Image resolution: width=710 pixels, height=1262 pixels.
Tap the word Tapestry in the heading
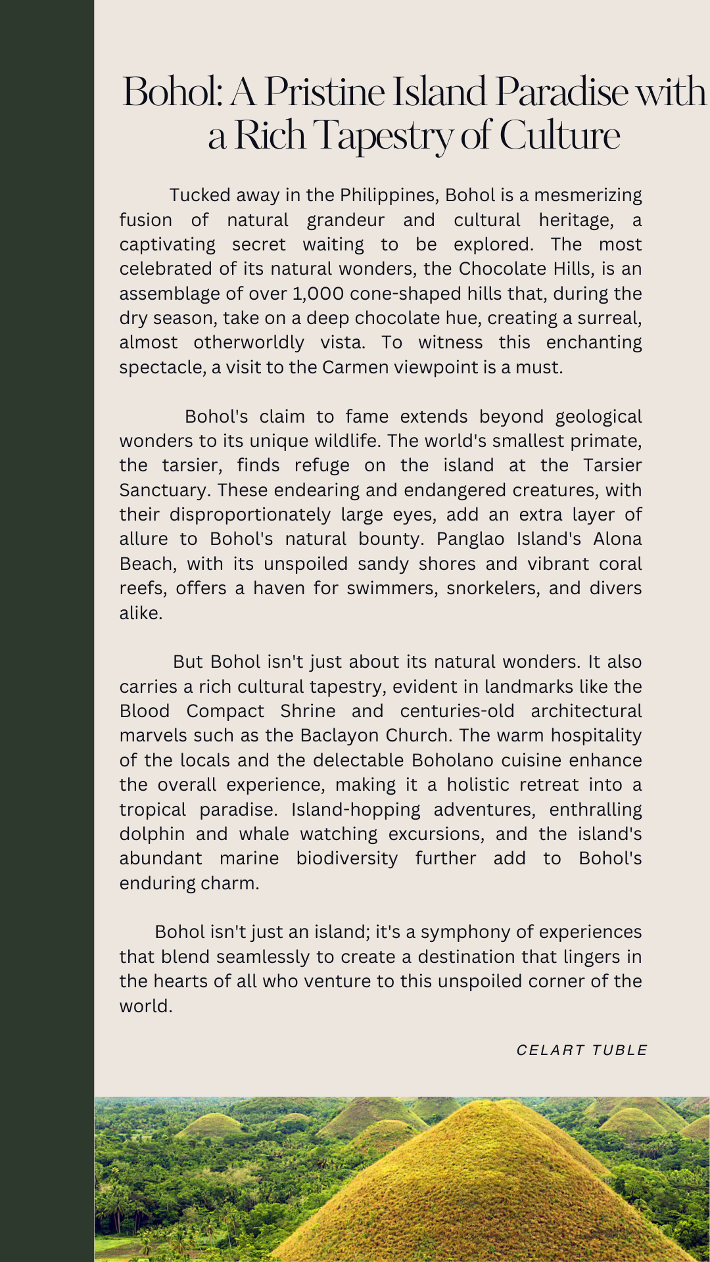click(x=382, y=135)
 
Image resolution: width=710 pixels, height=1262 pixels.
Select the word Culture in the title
click(x=559, y=135)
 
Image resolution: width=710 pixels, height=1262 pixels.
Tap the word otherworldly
click(x=248, y=342)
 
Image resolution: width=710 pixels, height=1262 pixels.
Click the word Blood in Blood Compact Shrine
click(x=145, y=711)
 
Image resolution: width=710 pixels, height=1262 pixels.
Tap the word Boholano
click(x=452, y=760)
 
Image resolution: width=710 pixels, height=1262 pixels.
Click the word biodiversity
click(x=346, y=858)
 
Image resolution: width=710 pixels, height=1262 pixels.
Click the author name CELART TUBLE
click(x=582, y=1050)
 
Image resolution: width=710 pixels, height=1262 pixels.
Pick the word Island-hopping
click(x=356, y=810)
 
